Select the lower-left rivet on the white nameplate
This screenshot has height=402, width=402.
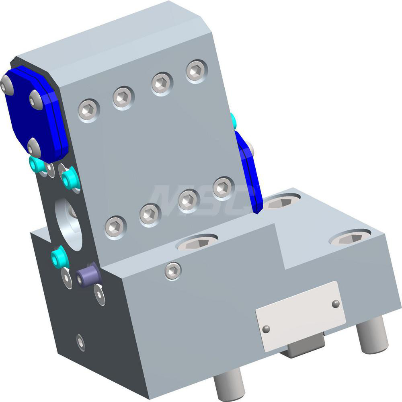click(266, 329)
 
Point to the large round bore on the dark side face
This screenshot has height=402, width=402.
click(69, 223)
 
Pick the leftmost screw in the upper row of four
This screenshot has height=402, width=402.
click(89, 110)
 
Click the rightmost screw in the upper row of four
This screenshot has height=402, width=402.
click(197, 71)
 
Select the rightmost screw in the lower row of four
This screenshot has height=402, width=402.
click(224, 187)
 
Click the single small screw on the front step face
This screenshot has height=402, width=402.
click(173, 271)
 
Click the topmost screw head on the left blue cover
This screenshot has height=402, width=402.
click(6, 85)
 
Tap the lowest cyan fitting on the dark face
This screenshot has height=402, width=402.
click(59, 258)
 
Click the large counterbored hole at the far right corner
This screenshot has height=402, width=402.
click(350, 238)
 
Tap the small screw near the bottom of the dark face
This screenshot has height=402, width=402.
click(80, 342)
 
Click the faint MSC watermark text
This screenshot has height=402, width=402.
click(197, 199)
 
